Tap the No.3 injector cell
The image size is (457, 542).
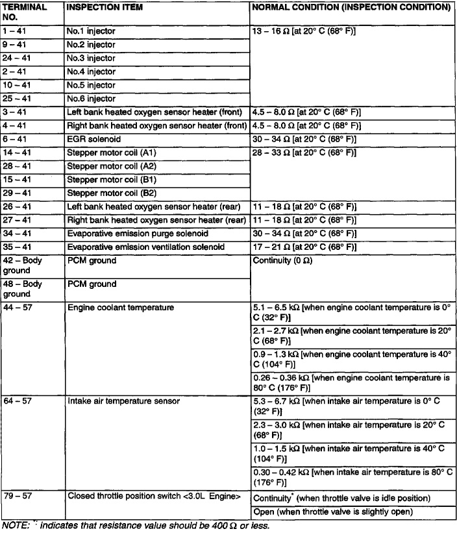91,58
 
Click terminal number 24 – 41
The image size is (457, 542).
16,58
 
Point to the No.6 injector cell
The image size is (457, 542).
91,99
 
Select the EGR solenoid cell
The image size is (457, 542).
94,139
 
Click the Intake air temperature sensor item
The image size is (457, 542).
115,401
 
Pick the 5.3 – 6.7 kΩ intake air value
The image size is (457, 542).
276,401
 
